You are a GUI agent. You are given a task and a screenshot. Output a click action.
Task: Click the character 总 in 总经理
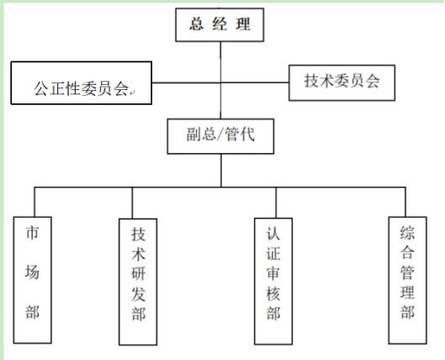tap(196, 24)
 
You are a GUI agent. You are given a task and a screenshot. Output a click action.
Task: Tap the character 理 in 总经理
tap(243, 24)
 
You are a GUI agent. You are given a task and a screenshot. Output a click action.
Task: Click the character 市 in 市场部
tap(32, 233)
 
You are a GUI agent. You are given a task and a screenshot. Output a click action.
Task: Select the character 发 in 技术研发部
tap(138, 294)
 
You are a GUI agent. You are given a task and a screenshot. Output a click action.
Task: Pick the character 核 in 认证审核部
tap(273, 294)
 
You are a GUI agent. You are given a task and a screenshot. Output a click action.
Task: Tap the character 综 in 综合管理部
tap(407, 233)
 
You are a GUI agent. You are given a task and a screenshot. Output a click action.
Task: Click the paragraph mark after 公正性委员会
tap(133, 93)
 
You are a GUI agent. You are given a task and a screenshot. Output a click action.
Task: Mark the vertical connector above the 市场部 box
tap(34, 202)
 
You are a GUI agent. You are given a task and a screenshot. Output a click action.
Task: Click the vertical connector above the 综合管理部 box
tap(405, 202)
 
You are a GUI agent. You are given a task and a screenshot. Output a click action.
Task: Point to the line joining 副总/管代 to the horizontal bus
tap(221, 171)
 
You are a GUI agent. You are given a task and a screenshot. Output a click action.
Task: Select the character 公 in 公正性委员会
tap(41, 88)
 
